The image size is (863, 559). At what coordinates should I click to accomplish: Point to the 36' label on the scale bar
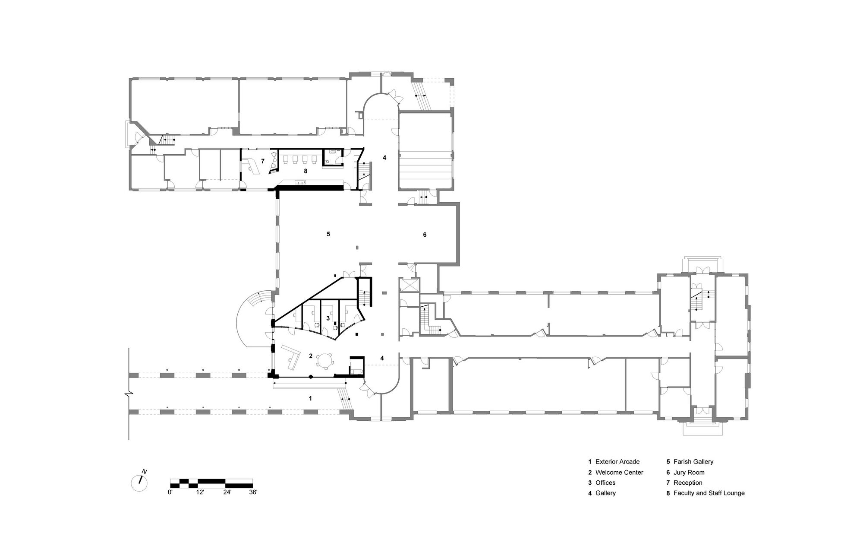[252, 492]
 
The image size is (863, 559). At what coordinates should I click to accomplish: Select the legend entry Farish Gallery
[693, 462]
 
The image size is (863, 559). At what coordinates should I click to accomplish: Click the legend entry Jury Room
[689, 472]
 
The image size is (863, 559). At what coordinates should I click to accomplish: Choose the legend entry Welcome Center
[619, 472]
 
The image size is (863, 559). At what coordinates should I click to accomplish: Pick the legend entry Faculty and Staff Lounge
[709, 493]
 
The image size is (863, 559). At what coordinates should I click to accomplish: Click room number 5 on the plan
[328, 234]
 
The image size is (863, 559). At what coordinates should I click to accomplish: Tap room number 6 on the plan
[425, 235]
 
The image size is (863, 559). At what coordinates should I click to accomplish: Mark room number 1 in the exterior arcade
[310, 398]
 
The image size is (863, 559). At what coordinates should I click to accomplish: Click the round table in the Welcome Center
[324, 359]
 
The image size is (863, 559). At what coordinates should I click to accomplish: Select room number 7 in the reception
[262, 161]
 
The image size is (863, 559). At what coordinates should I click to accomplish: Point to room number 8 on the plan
[306, 171]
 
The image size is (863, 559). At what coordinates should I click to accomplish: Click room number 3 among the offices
[328, 318]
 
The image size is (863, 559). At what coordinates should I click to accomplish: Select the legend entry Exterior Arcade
[617, 462]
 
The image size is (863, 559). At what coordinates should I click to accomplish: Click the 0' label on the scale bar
[170, 492]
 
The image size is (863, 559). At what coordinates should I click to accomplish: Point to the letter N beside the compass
[145, 471]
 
